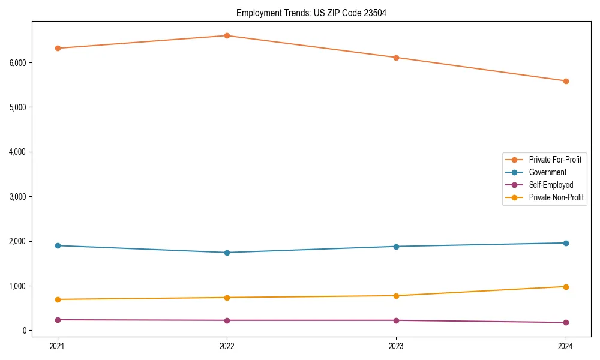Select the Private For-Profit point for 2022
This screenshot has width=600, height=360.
pyautogui.click(x=227, y=36)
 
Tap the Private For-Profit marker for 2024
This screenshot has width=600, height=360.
pyautogui.click(x=566, y=81)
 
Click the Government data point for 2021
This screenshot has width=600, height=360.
pyautogui.click(x=58, y=245)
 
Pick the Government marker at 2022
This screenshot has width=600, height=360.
pyautogui.click(x=227, y=253)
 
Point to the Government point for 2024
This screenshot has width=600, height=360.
pyautogui.click(x=566, y=243)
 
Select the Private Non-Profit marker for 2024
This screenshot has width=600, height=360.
pyautogui.click(x=566, y=287)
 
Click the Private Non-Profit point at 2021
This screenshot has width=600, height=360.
pyautogui.click(x=58, y=299)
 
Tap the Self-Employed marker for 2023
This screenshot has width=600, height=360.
pyautogui.click(x=396, y=320)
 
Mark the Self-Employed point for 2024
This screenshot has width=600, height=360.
pyautogui.click(x=566, y=323)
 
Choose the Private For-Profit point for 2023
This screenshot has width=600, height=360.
pyautogui.click(x=396, y=58)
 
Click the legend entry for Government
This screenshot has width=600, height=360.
pyautogui.click(x=547, y=172)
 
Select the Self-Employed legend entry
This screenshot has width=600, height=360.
pyautogui.click(x=551, y=185)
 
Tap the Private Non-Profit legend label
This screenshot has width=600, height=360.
pyautogui.click(x=556, y=197)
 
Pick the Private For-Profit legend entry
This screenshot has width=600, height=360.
pyautogui.click(x=554, y=160)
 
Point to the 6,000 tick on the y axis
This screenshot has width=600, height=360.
pyautogui.click(x=17, y=63)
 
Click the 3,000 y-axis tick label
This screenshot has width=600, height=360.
pyautogui.click(x=17, y=197)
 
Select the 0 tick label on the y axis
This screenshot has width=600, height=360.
pyautogui.click(x=24, y=331)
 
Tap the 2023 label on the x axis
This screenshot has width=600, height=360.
pyautogui.click(x=396, y=346)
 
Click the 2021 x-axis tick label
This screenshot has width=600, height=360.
pyautogui.click(x=58, y=346)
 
